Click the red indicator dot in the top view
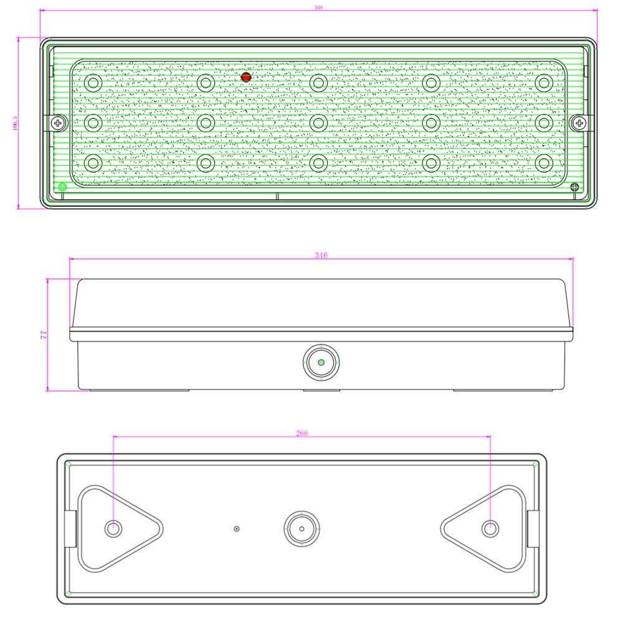(x=245, y=77)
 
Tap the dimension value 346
(x=321, y=255)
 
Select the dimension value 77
(x=44, y=335)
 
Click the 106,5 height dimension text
(x=15, y=123)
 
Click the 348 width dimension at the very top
(x=318, y=7)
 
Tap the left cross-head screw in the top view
(x=59, y=123)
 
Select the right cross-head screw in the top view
(x=579, y=123)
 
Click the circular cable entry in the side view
(x=321, y=362)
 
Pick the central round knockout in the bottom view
(x=302, y=529)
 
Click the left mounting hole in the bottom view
(x=113, y=529)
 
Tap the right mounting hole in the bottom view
(x=490, y=529)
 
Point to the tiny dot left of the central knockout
(x=236, y=529)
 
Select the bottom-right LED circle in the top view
(x=544, y=163)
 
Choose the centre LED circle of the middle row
(x=318, y=122)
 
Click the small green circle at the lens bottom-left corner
(x=62, y=186)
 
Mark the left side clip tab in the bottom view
(x=71, y=528)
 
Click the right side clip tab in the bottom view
(x=533, y=528)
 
